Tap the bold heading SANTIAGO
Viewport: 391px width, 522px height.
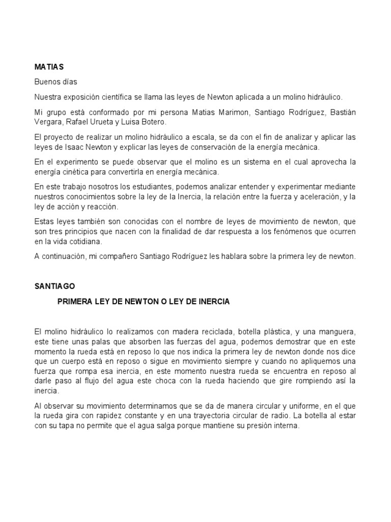[54, 287]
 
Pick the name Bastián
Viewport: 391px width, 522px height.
[341, 112]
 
